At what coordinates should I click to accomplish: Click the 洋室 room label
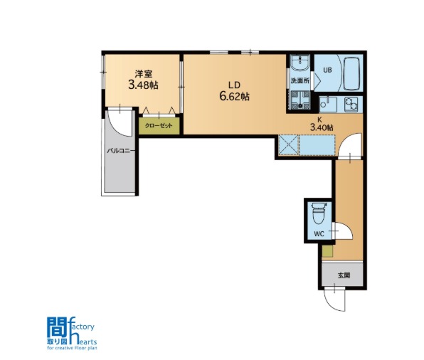coord(144,74)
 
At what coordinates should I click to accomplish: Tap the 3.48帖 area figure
coord(143,85)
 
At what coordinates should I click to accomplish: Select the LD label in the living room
coord(234,85)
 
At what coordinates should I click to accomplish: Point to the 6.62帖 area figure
coord(235,97)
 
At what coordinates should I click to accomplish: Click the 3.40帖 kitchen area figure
coord(322,127)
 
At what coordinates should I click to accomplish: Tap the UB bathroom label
coord(327,70)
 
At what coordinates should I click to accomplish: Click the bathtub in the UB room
coord(351,73)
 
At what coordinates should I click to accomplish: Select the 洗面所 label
coord(300,80)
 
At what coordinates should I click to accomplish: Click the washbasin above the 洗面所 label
coord(300,63)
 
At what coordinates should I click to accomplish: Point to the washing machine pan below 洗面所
coord(300,100)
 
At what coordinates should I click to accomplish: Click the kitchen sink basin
coord(328,105)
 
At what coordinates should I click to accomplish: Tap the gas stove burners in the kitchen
coord(351,105)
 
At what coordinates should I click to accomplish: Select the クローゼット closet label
coord(159,126)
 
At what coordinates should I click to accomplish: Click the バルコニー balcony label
coord(121,151)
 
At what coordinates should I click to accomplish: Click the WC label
coord(319,234)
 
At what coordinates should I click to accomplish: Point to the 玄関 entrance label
coord(344,275)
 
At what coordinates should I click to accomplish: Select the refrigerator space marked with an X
coord(288,145)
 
